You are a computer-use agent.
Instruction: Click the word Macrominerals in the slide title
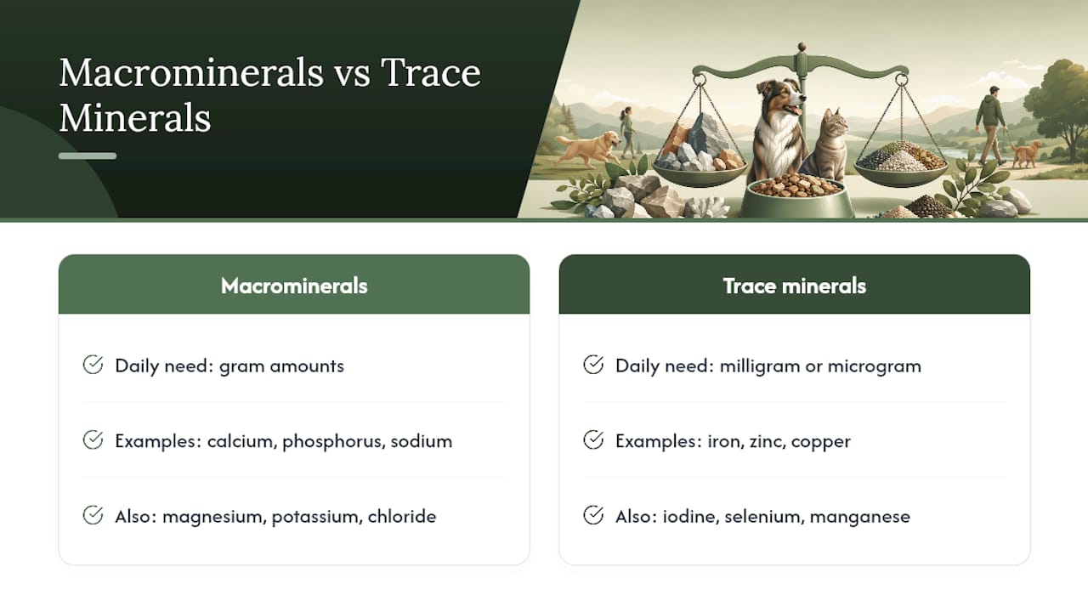(191, 73)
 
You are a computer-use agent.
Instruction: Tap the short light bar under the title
(88, 156)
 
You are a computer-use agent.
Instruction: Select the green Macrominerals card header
(294, 284)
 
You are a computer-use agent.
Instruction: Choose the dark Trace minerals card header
(794, 284)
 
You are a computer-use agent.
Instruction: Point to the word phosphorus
(334, 442)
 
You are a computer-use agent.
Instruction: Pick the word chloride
(402, 516)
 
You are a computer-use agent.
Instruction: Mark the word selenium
(764, 516)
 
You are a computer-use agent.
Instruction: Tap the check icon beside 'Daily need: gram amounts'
(93, 365)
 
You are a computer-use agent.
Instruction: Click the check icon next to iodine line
(593, 515)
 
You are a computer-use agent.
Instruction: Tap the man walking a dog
(991, 125)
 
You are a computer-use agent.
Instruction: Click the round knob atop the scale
(802, 47)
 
